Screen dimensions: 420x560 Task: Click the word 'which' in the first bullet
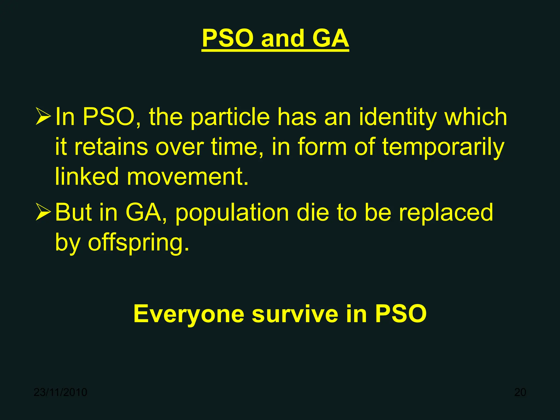pos(476,117)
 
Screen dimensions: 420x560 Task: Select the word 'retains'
pos(111,147)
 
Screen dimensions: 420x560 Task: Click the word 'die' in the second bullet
pos(313,212)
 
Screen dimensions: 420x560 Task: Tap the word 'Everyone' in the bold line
pos(189,315)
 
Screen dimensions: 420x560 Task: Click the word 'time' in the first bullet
pos(234,147)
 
